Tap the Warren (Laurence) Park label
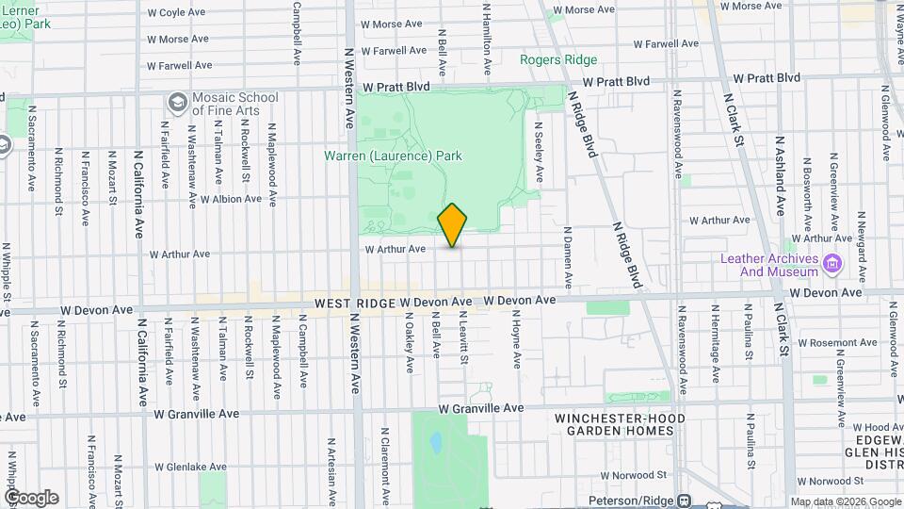point(395,156)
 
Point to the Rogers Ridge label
point(558,60)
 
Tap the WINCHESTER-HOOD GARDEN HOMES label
point(620,424)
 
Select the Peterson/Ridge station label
point(634,501)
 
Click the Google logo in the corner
point(31,497)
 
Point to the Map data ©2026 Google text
point(845,501)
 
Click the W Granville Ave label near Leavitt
point(480,409)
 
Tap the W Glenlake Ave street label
point(190,467)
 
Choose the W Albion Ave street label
point(231,200)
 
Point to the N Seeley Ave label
point(539,151)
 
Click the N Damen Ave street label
point(568,257)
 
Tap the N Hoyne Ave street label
point(517,346)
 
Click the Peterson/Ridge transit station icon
point(684,501)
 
